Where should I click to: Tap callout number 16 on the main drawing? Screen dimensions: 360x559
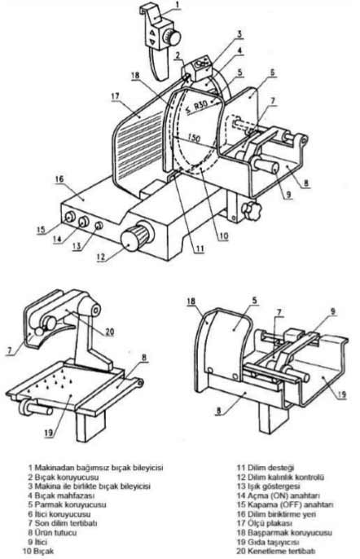click(59, 178)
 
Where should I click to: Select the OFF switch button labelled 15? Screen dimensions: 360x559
click(69, 217)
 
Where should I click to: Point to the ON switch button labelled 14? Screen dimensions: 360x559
click(84, 222)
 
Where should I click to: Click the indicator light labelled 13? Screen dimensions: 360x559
click(99, 225)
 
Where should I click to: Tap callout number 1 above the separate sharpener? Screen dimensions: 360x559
click(178, 5)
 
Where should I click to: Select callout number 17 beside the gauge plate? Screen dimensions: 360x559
click(115, 96)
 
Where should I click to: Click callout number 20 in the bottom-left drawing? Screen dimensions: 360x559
click(109, 332)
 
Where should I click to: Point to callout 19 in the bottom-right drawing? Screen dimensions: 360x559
click(341, 394)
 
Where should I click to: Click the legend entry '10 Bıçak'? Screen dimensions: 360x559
click(38, 551)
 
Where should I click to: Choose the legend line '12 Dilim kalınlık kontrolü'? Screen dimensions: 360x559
click(280, 477)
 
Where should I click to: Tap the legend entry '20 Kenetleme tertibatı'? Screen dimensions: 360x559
click(276, 551)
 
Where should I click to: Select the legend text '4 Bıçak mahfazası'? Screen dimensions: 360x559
click(61, 495)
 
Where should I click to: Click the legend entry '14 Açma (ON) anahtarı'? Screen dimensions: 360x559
click(279, 495)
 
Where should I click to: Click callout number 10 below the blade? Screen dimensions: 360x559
click(223, 235)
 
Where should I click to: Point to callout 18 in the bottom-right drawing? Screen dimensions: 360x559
click(191, 302)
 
